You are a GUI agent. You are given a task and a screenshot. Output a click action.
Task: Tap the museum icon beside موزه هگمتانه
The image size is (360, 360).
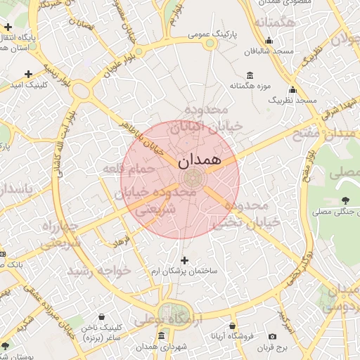(250, 75)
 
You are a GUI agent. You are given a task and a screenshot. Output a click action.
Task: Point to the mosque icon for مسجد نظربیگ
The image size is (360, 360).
(292, 90)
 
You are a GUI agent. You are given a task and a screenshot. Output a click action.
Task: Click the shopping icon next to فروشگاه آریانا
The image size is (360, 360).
(233, 326)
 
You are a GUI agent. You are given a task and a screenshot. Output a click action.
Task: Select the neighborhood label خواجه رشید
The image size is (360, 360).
(99, 271)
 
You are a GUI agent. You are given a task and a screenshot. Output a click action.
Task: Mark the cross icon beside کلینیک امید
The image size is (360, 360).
(28, 73)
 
